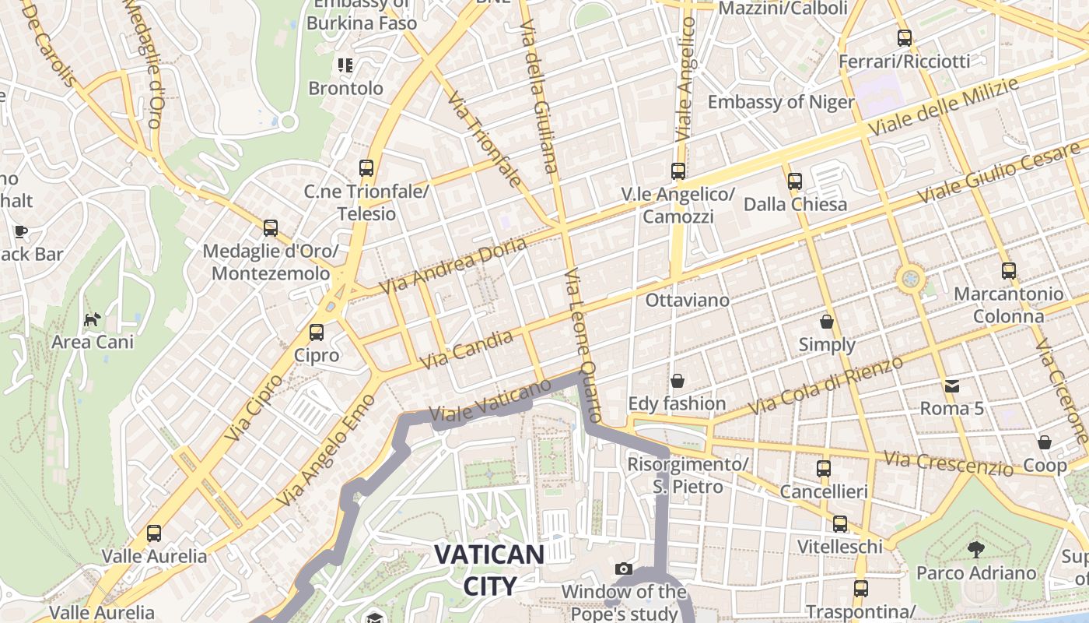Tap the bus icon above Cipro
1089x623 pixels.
(317, 333)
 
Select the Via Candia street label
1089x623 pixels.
(467, 349)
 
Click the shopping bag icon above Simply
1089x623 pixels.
(827, 322)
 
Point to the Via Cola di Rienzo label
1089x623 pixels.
(825, 385)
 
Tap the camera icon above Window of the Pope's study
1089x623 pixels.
(623, 569)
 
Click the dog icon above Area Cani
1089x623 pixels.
(93, 319)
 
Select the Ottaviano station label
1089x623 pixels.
(688, 301)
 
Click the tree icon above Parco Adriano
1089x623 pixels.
(975, 551)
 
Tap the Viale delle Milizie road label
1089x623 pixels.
(944, 107)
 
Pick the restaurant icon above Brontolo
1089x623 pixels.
(345, 65)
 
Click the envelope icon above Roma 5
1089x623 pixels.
(952, 385)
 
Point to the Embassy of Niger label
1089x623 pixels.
(780, 102)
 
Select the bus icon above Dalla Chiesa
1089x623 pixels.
(794, 181)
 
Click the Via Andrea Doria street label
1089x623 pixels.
(453, 266)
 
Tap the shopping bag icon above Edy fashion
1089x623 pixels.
(678, 381)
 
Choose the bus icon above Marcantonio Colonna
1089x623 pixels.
(1008, 271)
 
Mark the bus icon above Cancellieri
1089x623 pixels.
(824, 469)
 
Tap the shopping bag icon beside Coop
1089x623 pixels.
(1045, 442)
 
